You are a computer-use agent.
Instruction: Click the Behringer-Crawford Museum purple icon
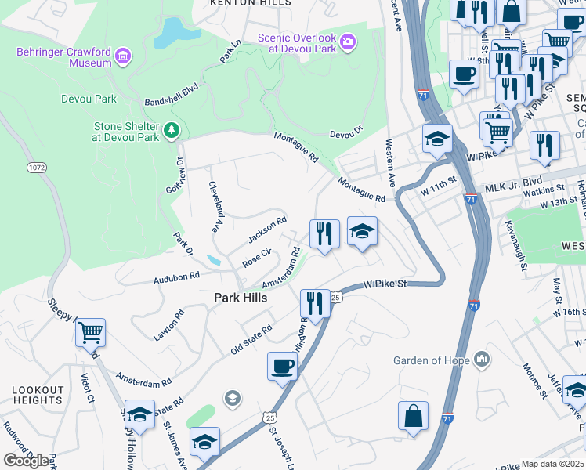coord(122,56)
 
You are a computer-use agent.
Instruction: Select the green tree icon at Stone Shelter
coord(172,128)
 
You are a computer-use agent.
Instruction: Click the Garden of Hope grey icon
coord(481,360)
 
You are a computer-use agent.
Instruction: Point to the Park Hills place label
coord(241,298)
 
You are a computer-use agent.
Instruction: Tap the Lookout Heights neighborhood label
coord(38,395)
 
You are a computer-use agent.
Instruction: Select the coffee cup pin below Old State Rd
coord(282,365)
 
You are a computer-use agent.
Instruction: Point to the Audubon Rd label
coord(177,277)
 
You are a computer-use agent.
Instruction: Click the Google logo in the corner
coord(26,461)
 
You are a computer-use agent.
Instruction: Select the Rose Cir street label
coord(256,258)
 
